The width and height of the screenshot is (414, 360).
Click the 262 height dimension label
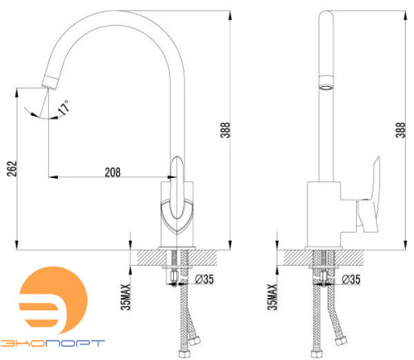(x=12, y=169)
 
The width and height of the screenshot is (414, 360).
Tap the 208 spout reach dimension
(x=113, y=172)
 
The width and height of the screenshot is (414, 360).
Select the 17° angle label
(x=64, y=108)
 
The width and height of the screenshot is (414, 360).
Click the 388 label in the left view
(x=225, y=130)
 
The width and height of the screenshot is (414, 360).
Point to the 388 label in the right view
(x=400, y=130)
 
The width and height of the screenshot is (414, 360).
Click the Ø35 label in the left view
(x=205, y=279)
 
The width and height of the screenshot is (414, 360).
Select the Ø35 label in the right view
(x=351, y=279)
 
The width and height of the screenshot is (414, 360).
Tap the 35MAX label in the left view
(x=126, y=297)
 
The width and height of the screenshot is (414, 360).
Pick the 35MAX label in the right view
(x=272, y=297)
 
